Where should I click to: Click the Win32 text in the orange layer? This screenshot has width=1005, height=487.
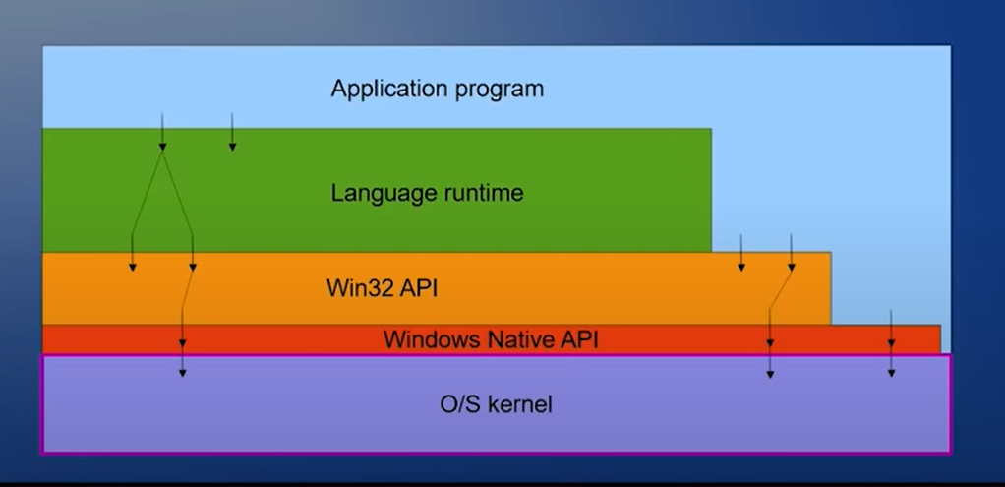(x=356, y=289)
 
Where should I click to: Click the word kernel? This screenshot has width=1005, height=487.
(x=521, y=403)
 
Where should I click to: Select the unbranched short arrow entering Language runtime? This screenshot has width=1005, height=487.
(x=232, y=133)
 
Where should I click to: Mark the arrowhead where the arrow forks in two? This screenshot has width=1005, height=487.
(x=162, y=147)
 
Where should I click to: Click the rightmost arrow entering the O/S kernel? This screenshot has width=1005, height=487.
(x=891, y=364)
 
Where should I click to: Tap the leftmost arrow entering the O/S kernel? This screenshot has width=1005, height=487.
(x=182, y=364)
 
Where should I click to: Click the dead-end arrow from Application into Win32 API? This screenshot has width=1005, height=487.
(x=741, y=253)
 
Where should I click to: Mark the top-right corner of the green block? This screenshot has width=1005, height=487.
(x=711, y=129)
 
